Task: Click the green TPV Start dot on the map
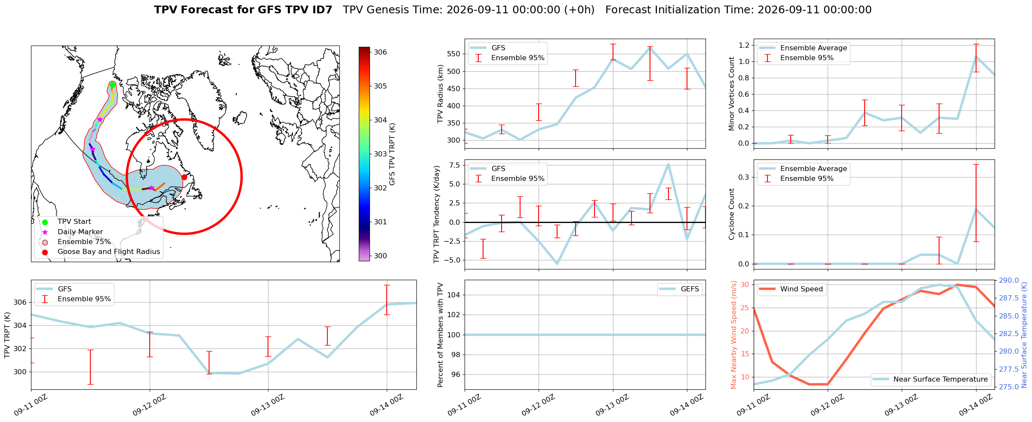pos(112,85)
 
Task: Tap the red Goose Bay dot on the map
pos(184,177)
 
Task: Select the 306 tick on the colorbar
pos(380,52)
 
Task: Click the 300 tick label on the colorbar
pos(380,256)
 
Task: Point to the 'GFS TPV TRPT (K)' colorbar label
pos(392,154)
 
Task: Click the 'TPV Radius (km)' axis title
pos(440,94)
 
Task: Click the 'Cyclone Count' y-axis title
pos(731,214)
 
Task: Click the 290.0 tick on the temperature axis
pos(1008,281)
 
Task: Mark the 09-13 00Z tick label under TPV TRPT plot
pos(267,405)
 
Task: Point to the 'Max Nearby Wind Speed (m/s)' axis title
pos(733,335)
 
